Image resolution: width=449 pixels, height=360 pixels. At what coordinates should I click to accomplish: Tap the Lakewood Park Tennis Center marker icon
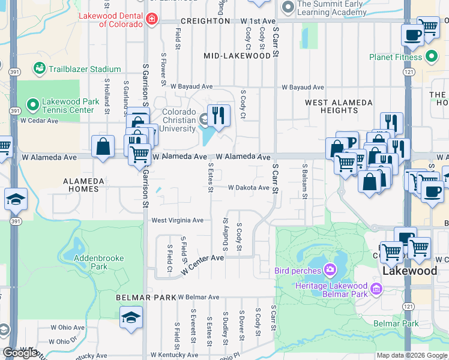[x=32, y=106]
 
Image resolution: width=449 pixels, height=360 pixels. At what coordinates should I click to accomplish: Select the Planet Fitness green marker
[x=431, y=58]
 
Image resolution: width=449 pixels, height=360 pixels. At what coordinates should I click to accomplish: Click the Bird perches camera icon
[x=330, y=270]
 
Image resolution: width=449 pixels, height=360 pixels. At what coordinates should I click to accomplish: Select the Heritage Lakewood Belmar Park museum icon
[x=376, y=290]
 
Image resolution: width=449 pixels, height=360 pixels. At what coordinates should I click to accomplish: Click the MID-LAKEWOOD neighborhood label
[x=237, y=56]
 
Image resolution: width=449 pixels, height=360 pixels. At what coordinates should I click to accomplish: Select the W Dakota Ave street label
[x=249, y=188]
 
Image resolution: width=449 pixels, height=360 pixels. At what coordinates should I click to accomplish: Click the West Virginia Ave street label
[x=177, y=220]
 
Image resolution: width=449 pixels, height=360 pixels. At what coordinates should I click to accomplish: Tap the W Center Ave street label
[x=201, y=262]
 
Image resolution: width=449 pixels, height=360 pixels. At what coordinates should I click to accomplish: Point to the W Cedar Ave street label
[x=39, y=121]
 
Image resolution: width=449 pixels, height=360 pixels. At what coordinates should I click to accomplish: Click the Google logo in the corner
[x=20, y=353]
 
